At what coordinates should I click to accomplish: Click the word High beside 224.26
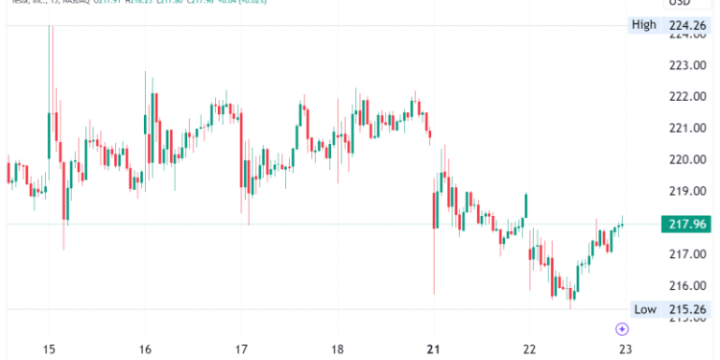(x=643, y=25)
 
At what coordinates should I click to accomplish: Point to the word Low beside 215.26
(x=643, y=308)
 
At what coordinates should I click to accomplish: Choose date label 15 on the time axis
(x=50, y=349)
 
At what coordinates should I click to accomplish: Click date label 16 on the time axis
(x=145, y=349)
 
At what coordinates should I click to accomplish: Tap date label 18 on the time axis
(x=337, y=349)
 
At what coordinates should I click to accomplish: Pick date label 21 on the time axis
(x=433, y=349)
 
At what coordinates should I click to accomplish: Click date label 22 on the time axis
(x=528, y=349)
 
